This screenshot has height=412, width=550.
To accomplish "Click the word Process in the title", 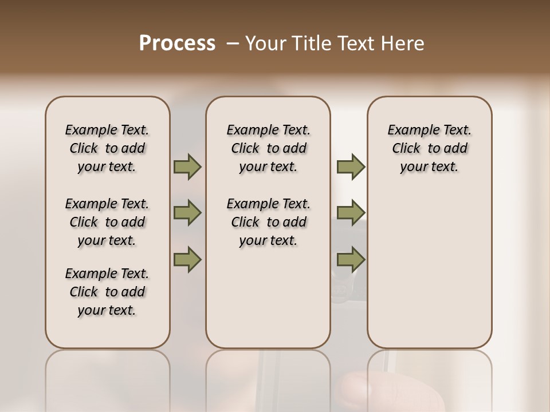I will (x=177, y=43).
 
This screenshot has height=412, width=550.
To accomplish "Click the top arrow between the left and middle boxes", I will (x=187, y=167).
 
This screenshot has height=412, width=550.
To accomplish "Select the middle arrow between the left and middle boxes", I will (x=187, y=213).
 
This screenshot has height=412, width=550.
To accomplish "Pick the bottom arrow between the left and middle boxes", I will (x=187, y=259).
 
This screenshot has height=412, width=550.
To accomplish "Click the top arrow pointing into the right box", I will (x=351, y=167).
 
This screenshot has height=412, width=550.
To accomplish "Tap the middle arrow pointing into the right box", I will (x=351, y=213).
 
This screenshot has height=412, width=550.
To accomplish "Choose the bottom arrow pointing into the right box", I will (x=351, y=259).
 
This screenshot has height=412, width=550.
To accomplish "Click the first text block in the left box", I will (x=107, y=148).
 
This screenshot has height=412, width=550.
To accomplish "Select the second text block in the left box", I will (x=107, y=222).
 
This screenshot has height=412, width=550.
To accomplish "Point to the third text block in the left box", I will (x=107, y=292).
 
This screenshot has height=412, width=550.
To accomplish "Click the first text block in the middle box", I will (x=268, y=148).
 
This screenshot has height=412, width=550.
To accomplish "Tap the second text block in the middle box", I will (x=268, y=222).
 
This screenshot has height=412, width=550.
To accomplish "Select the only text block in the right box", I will (x=429, y=148).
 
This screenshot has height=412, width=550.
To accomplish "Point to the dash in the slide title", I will (x=232, y=43).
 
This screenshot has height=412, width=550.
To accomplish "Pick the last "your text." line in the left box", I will (x=107, y=310).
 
